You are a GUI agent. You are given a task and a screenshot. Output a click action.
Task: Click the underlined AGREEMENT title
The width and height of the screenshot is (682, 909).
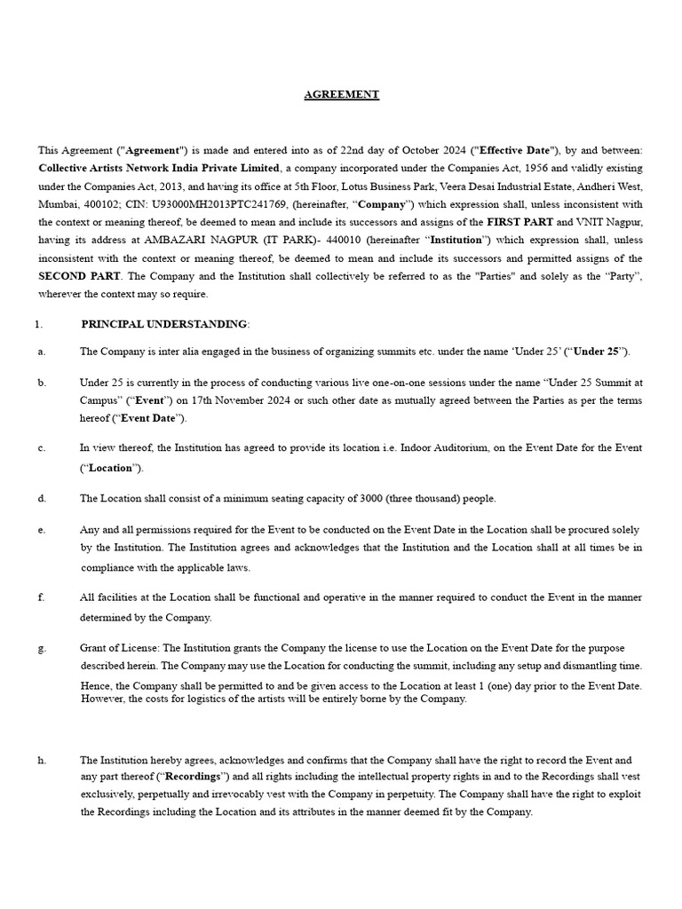[x=341, y=94]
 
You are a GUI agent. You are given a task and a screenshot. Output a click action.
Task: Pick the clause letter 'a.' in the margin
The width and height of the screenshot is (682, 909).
[x=42, y=352]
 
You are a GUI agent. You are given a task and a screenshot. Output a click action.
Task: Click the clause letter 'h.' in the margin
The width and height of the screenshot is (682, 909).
[x=42, y=760]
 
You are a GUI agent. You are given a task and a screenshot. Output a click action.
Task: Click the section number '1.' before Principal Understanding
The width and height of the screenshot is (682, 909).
[x=38, y=325]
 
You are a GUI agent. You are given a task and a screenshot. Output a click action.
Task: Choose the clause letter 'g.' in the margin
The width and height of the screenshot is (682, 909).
[x=42, y=648]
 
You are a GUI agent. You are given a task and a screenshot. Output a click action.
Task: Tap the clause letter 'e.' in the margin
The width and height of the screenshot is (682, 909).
[x=42, y=529]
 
